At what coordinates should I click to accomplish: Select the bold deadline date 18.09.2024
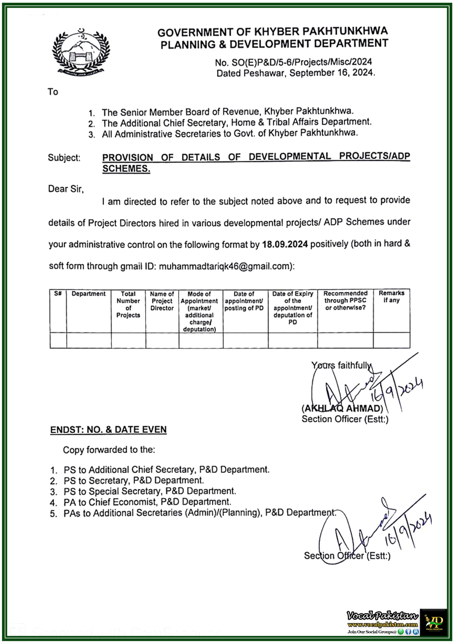click(285, 244)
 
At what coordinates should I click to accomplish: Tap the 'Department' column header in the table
click(88, 294)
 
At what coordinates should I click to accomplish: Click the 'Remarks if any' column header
click(391, 297)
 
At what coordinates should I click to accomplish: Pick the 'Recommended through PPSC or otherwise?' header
click(345, 300)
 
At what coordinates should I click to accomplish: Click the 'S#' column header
click(58, 293)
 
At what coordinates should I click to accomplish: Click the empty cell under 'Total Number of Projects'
click(128, 340)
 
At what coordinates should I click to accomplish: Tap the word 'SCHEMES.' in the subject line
click(126, 169)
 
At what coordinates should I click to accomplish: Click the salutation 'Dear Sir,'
click(66, 189)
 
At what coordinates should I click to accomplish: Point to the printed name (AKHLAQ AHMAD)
click(342, 408)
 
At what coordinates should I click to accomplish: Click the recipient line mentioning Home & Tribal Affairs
click(236, 123)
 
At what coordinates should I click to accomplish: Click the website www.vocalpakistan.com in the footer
click(382, 625)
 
